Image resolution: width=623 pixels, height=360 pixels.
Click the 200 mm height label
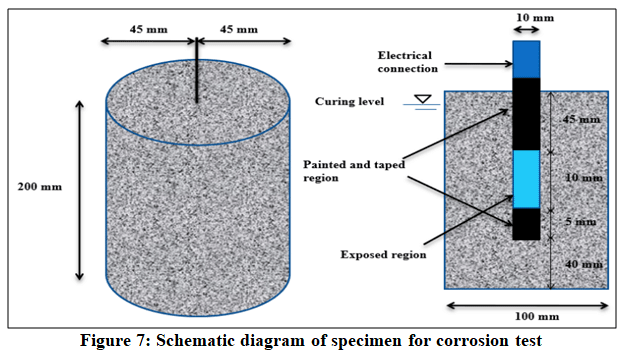tap(40, 186)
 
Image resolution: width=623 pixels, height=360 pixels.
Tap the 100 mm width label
tap(537, 316)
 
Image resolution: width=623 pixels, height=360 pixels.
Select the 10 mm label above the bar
tap(535, 17)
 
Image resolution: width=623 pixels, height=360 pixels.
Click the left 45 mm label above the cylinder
tap(149, 29)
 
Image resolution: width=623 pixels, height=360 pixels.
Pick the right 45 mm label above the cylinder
tap(239, 29)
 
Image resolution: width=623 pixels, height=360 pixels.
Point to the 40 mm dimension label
tap(584, 264)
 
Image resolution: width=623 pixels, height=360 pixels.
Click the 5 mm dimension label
tap(580, 222)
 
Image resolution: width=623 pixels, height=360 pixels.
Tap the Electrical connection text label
tap(408, 62)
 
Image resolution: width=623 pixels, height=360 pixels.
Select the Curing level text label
tap(350, 101)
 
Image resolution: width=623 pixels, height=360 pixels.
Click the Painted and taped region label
tap(354, 171)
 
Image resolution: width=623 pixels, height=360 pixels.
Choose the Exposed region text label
tap(383, 255)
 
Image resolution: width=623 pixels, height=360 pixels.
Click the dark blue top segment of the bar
tap(526, 60)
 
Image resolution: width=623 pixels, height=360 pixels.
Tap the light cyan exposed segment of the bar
tap(526, 179)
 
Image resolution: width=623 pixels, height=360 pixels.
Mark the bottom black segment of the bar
tap(526, 224)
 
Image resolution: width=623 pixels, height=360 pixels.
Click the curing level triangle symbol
tap(422, 99)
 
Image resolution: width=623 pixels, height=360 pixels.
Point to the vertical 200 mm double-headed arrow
tap(80, 190)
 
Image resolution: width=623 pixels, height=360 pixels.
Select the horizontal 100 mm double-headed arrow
tap(527, 306)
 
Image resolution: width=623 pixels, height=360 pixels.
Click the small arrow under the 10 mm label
tap(526, 29)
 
